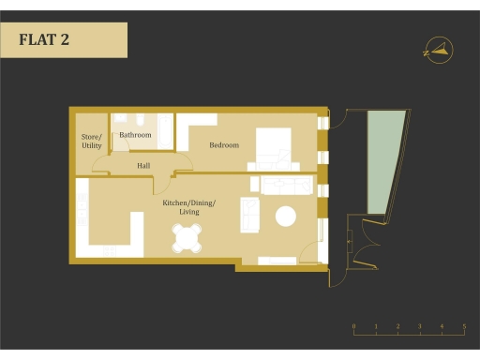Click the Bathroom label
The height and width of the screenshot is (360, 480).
point(135,136)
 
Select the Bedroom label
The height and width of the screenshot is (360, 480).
point(224,145)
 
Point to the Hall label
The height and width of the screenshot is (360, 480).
point(143,166)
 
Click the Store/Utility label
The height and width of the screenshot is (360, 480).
point(91,142)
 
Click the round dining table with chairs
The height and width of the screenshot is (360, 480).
point(187,239)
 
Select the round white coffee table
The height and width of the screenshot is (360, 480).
point(285,217)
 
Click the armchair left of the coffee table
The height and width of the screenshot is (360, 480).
point(250,215)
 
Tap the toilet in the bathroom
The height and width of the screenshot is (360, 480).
point(139,122)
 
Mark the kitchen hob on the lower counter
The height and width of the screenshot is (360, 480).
point(111,250)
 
